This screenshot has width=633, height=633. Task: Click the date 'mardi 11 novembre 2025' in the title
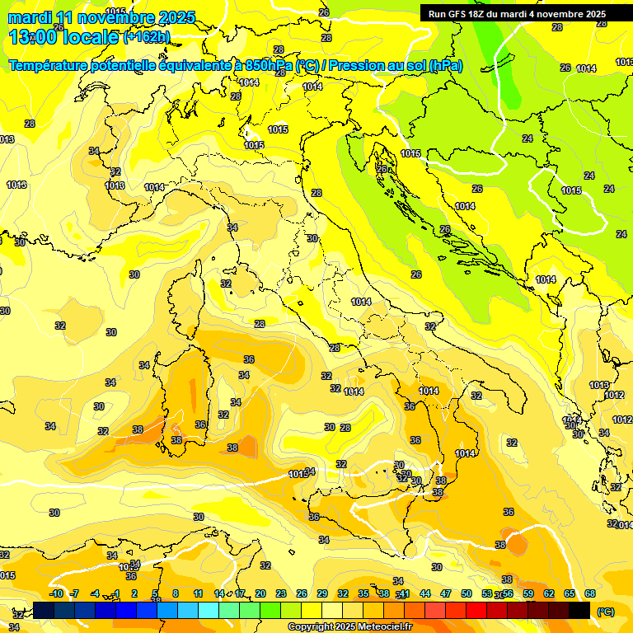click(101, 17)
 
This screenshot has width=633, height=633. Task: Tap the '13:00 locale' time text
click(64, 36)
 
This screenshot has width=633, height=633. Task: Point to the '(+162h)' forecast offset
click(146, 37)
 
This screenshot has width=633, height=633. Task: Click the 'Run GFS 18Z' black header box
click(517, 13)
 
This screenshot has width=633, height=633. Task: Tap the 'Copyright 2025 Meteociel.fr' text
click(349, 627)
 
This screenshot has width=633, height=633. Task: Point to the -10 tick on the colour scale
click(56, 593)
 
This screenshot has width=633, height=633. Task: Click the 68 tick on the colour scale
click(590, 593)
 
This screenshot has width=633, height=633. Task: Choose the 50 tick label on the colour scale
click(467, 593)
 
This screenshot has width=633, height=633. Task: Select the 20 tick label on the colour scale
click(260, 593)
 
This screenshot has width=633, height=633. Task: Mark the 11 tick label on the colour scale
click(198, 593)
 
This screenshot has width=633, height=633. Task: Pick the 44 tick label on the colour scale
click(425, 593)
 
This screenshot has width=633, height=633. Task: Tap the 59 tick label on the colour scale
click(528, 593)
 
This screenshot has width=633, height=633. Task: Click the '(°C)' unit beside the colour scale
click(606, 612)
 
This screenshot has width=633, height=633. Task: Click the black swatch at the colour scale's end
click(579, 610)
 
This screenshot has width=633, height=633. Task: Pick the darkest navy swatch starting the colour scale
click(44, 610)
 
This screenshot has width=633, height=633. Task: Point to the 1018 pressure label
click(571, 190)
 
